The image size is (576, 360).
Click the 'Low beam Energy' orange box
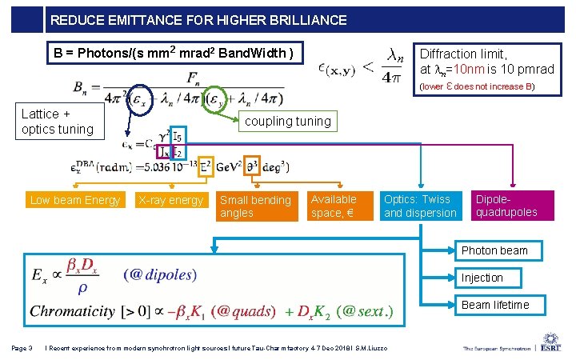click(x=75, y=200)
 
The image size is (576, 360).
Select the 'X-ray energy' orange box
click(x=170, y=200)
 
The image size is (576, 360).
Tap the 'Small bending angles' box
click(x=255, y=206)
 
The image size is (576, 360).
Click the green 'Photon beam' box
click(x=494, y=250)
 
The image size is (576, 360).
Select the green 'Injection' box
click(x=494, y=278)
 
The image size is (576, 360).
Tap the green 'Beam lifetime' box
click(x=494, y=305)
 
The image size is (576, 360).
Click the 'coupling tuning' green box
click(x=287, y=122)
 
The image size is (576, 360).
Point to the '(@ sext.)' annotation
click(x=365, y=310)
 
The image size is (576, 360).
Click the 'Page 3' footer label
click(x=22, y=347)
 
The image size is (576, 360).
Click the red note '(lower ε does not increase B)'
click(x=477, y=86)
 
